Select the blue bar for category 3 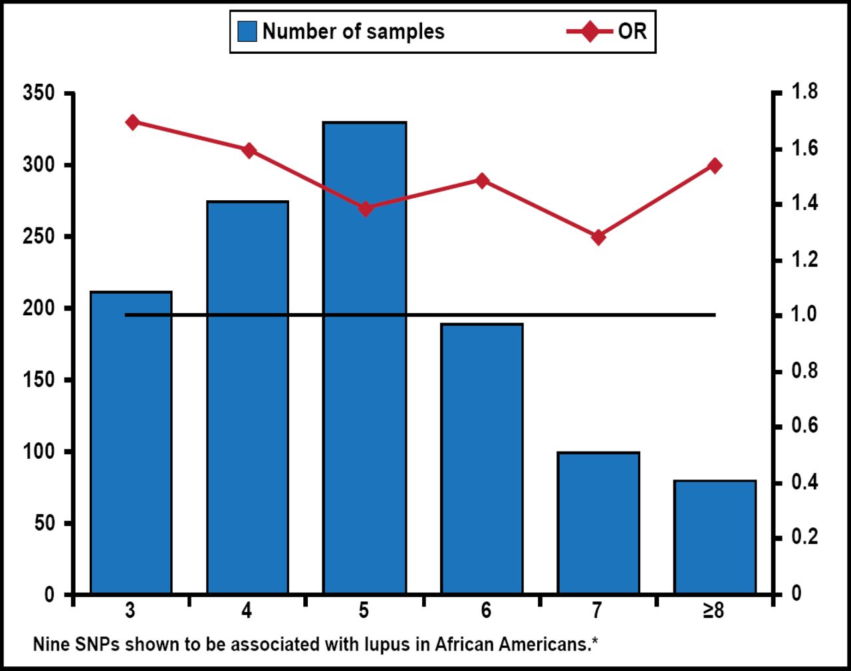point(131,442)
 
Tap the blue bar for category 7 point(598,523)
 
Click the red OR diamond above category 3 point(132,122)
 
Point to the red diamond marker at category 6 point(483,181)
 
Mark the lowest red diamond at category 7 point(598,237)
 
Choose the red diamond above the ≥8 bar point(715,166)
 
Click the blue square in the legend point(247,31)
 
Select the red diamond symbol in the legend point(590,31)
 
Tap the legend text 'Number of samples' point(353,31)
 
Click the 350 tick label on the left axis point(39,92)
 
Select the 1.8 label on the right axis point(804,92)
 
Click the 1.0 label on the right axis point(804,314)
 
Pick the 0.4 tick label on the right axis point(804,481)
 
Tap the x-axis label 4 point(247,610)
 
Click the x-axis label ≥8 point(713,610)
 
